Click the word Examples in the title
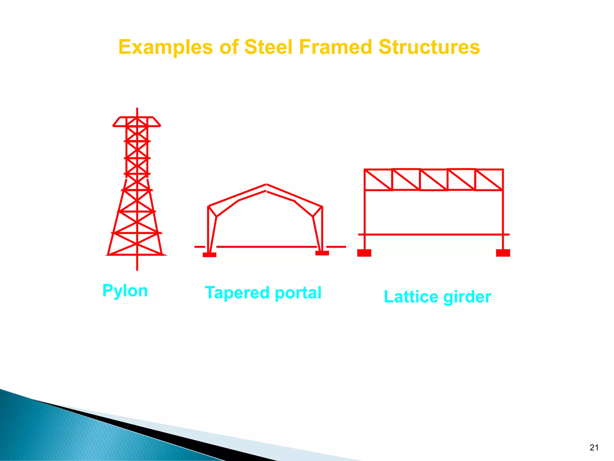(x=165, y=47)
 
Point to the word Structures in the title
(x=429, y=47)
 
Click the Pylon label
(x=125, y=291)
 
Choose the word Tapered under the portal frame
(x=237, y=293)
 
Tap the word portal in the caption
(x=298, y=293)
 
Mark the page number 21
(x=594, y=447)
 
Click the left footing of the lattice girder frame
(x=364, y=253)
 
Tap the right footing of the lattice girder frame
(x=503, y=253)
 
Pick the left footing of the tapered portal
(x=209, y=255)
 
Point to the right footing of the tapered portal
(x=322, y=253)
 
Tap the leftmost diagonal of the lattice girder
(x=378, y=180)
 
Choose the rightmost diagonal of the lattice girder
(x=489, y=180)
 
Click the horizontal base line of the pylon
(x=137, y=255)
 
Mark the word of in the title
(x=229, y=47)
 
